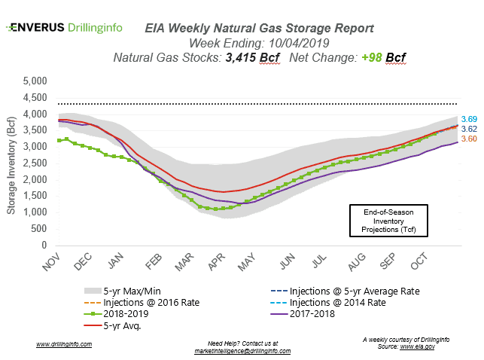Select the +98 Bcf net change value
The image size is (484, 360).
point(354,56)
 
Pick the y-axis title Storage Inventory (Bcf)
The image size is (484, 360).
point(11,163)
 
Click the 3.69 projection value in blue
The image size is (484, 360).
point(469,119)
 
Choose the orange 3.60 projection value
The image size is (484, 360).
point(469,139)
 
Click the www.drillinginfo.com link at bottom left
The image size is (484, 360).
point(64,344)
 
